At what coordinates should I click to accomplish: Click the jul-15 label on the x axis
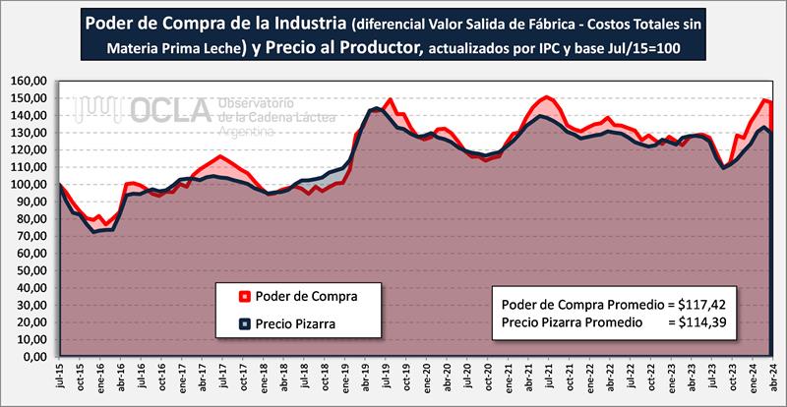(x=61, y=379)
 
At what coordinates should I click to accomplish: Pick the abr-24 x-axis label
(x=771, y=379)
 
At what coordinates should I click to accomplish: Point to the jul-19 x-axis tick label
(x=386, y=379)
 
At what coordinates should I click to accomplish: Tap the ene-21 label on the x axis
(x=508, y=379)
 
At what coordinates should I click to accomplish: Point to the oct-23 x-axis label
(x=730, y=379)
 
